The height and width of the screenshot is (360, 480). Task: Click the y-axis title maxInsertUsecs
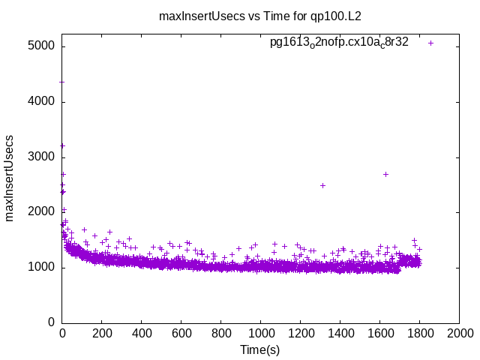coord(10,178)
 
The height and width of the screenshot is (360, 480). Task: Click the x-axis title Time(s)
coord(259,350)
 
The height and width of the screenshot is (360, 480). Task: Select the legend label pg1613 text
coord(339,43)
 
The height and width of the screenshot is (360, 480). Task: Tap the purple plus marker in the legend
coord(431,43)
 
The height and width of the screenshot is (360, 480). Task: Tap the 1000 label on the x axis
coord(260,334)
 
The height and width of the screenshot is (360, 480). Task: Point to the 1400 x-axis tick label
coord(340,334)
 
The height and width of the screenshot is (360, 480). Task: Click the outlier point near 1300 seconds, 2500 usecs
coord(322,185)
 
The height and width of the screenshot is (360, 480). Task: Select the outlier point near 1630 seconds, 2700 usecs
coord(385,174)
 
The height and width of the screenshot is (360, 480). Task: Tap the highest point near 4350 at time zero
coord(62,82)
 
